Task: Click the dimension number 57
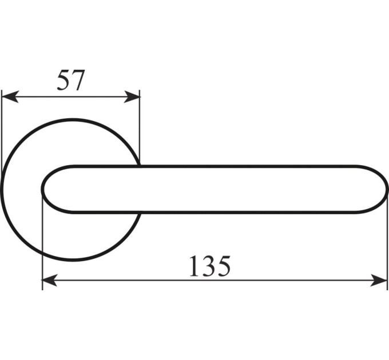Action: (x=71, y=80)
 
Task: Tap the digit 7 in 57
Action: (x=78, y=80)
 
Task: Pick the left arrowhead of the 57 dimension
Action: (x=10, y=97)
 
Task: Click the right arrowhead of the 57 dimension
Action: (x=132, y=97)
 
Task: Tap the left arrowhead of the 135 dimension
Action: (x=50, y=280)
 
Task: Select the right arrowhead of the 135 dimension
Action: (x=379, y=280)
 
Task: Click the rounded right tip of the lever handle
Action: (x=387, y=189)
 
